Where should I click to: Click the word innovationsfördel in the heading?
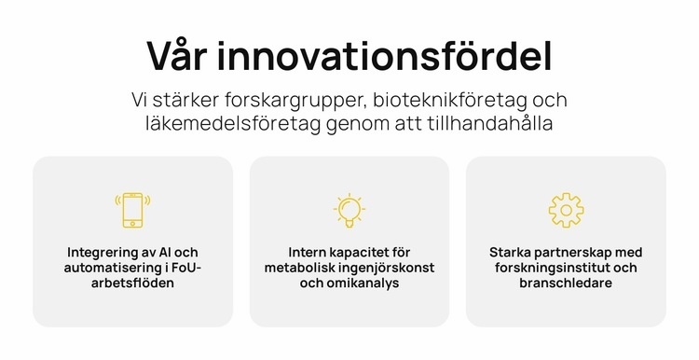coord(385,56)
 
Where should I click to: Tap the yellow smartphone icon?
coord(132,210)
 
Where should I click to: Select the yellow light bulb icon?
coord(349,210)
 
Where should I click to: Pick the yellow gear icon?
coord(566,210)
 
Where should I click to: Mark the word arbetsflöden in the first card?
coord(132,283)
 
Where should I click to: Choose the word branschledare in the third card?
coord(566,283)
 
